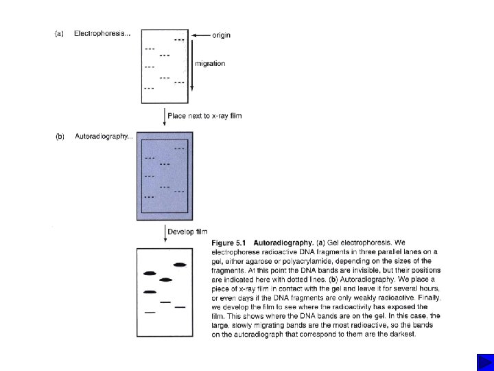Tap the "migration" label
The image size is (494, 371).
click(x=210, y=64)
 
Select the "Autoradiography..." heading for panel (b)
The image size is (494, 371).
click(x=103, y=137)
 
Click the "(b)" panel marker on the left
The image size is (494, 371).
click(x=60, y=137)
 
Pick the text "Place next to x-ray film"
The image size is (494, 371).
click(x=204, y=115)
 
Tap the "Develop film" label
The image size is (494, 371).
click(x=187, y=232)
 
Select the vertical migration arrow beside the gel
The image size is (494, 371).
click(x=191, y=65)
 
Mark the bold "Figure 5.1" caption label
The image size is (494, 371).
click(x=229, y=243)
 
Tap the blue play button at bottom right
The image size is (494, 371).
click(x=483, y=361)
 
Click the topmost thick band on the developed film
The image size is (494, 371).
click(x=180, y=265)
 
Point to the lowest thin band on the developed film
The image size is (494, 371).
click(x=150, y=313)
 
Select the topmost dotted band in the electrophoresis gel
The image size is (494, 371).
click(x=179, y=40)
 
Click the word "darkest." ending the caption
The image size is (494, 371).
click(x=401, y=335)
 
